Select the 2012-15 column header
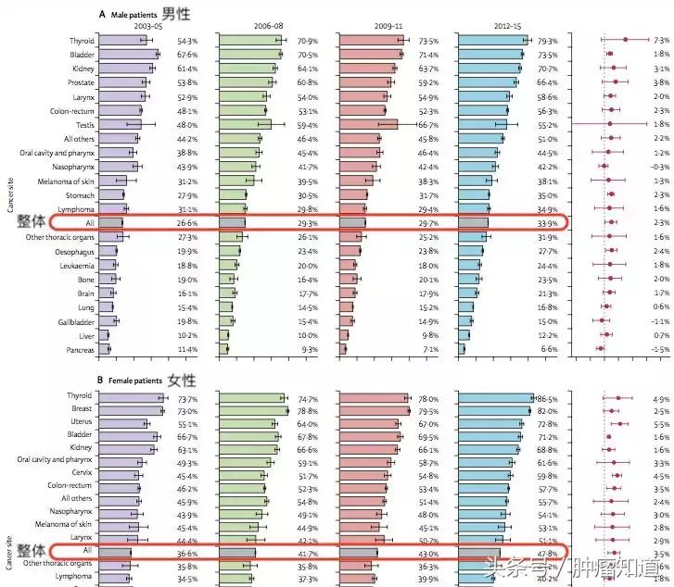coord(502,27)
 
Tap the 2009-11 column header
coord(384,27)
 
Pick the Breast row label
coord(81,409)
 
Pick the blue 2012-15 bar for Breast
coord(492,410)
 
